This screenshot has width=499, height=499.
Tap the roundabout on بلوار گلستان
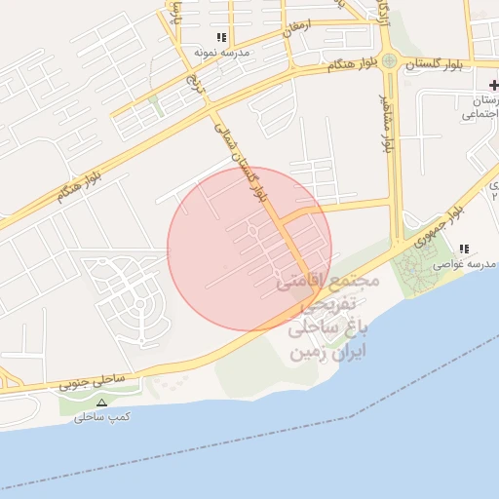(x=390, y=61)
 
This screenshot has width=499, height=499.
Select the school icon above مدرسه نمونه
(x=221, y=37)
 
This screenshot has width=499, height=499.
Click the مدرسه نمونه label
(x=221, y=51)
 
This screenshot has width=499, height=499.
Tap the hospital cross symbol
(x=493, y=87)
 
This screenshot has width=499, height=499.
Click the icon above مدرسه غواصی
(x=464, y=249)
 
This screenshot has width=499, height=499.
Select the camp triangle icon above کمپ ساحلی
(x=101, y=403)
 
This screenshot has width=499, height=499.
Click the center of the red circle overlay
(x=249, y=249)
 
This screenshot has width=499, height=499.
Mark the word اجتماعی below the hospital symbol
(x=481, y=115)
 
